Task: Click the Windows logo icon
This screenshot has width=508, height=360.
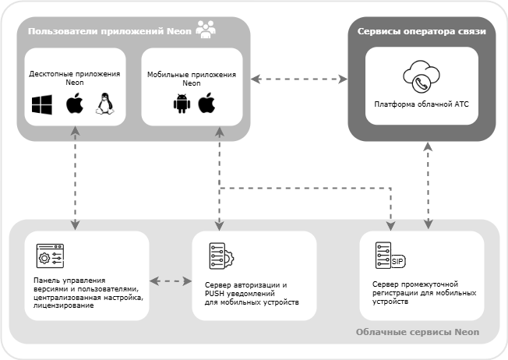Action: [x=41, y=105]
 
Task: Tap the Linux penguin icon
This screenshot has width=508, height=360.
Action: [x=104, y=104]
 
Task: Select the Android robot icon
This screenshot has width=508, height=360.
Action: [x=182, y=104]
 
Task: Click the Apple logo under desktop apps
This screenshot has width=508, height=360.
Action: [x=74, y=104]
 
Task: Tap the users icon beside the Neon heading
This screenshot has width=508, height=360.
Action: [x=207, y=30]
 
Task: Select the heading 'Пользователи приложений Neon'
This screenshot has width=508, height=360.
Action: [x=111, y=32]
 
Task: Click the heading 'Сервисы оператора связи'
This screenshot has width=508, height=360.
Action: [x=422, y=32]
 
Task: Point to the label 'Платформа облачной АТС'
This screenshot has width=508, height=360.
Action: [x=422, y=103]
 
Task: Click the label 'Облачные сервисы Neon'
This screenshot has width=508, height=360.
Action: [x=417, y=333]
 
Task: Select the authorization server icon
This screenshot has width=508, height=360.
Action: [x=217, y=256]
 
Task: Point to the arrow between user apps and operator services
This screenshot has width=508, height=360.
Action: [x=299, y=79]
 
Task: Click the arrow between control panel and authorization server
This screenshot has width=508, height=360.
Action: [x=170, y=280]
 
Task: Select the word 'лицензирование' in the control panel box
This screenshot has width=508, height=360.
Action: [x=65, y=306]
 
